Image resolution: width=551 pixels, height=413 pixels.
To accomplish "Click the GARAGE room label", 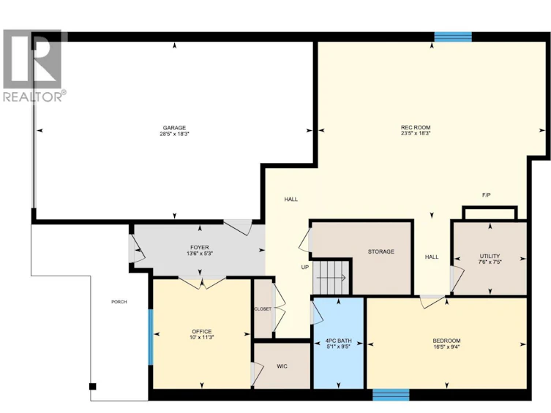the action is (x=174, y=128).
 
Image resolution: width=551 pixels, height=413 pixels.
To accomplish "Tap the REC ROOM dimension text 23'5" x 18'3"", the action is (x=416, y=133).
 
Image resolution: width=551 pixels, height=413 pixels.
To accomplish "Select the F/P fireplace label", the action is (x=486, y=194).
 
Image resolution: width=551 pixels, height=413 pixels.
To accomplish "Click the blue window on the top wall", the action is (x=453, y=37).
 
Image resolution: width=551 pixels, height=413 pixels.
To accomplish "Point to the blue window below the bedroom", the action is (x=391, y=395).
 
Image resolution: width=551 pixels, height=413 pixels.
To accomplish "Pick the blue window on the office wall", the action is (x=151, y=337).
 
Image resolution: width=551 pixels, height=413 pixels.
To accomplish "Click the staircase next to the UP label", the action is (x=331, y=277).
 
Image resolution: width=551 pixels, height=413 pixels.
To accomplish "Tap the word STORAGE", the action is (x=381, y=251).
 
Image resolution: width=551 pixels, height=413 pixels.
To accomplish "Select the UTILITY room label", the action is (x=490, y=256).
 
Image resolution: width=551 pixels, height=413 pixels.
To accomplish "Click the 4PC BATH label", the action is (x=339, y=341).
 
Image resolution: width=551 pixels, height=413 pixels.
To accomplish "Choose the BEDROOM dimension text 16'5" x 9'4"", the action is (x=446, y=346).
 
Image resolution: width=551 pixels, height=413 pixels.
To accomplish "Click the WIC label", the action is (x=282, y=366).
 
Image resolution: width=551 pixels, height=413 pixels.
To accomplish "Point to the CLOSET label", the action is (x=263, y=309).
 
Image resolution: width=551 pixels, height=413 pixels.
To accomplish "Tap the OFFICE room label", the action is (x=202, y=332).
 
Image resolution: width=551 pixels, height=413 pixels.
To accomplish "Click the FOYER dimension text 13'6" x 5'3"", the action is (x=200, y=254).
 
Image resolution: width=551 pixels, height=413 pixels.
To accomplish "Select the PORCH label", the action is (x=119, y=302).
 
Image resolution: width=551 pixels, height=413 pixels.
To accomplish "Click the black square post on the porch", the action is (x=92, y=387).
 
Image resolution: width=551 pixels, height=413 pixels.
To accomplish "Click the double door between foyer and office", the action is (x=202, y=282).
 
